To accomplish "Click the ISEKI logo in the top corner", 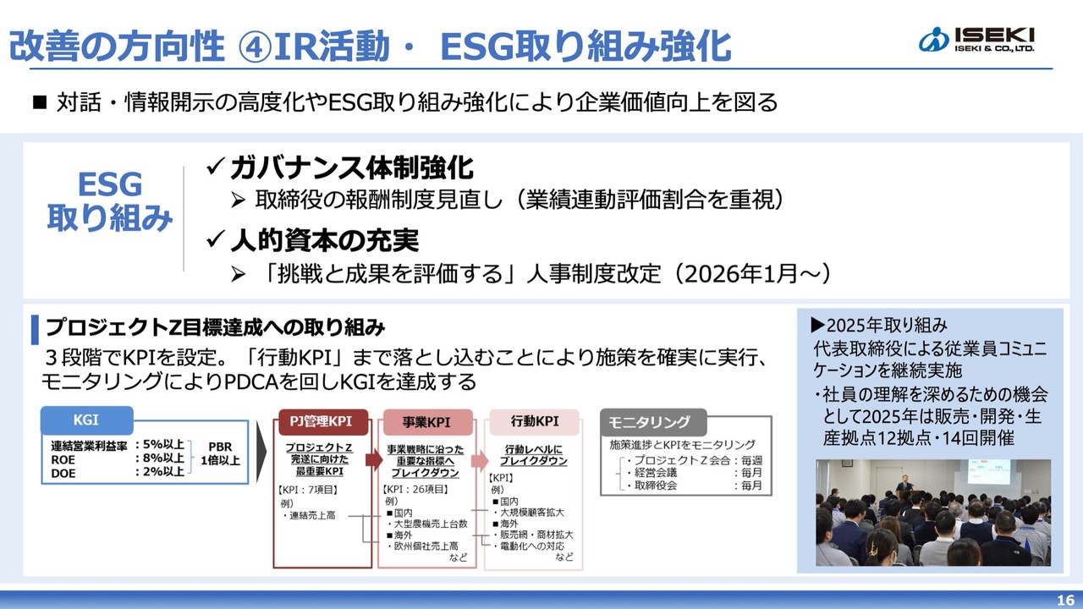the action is tap(976, 39).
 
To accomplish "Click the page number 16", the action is tap(1065, 600).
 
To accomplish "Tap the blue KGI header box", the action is tap(86, 420).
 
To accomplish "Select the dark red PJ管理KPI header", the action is tap(321, 421).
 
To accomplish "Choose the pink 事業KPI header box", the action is tap(427, 422).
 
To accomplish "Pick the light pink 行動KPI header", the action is tap(534, 421).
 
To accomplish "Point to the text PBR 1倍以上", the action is tap(221, 453).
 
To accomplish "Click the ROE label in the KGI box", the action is tap(63, 459).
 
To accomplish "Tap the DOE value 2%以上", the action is tap(160, 472).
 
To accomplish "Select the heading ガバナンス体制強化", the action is tap(351, 167).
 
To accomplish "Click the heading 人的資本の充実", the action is tap(324, 240).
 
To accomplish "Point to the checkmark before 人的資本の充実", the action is tap(215, 239).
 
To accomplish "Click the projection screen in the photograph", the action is tap(987, 472).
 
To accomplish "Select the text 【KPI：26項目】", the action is tap(415, 489).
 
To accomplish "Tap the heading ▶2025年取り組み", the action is tap(879, 326).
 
